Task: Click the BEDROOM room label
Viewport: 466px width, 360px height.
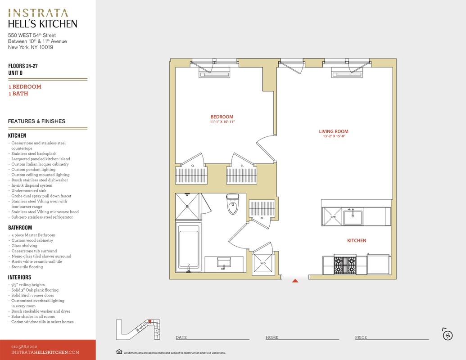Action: coord(222,117)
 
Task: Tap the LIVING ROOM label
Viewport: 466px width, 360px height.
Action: coord(334,131)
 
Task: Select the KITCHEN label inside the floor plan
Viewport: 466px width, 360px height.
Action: coord(357,241)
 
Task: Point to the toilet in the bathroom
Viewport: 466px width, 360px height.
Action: coord(233,204)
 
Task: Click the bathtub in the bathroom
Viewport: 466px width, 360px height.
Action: coord(188,247)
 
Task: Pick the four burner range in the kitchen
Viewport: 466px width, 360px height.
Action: coord(345,264)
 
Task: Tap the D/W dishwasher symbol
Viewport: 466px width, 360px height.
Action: coord(333,216)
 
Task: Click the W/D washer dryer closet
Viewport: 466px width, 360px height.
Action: coord(263,263)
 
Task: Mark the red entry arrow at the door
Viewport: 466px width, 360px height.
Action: coord(295,281)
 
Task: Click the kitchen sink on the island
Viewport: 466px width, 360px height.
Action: coord(353,217)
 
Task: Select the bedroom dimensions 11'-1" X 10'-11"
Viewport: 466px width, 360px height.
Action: coord(222,122)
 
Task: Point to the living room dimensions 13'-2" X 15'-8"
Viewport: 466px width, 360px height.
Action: coord(334,136)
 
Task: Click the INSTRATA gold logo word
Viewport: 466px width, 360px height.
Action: coord(38,13)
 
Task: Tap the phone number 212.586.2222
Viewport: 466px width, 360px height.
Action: coord(24,346)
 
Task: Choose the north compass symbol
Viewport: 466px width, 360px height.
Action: coord(448,334)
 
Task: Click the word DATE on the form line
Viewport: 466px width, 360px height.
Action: coord(181,337)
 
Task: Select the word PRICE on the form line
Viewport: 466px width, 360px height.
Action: coord(361,337)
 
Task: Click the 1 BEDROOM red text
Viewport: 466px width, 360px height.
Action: coord(25,87)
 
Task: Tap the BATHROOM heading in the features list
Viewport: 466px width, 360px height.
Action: coord(20,228)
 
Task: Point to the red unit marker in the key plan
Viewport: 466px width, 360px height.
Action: coord(150,321)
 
